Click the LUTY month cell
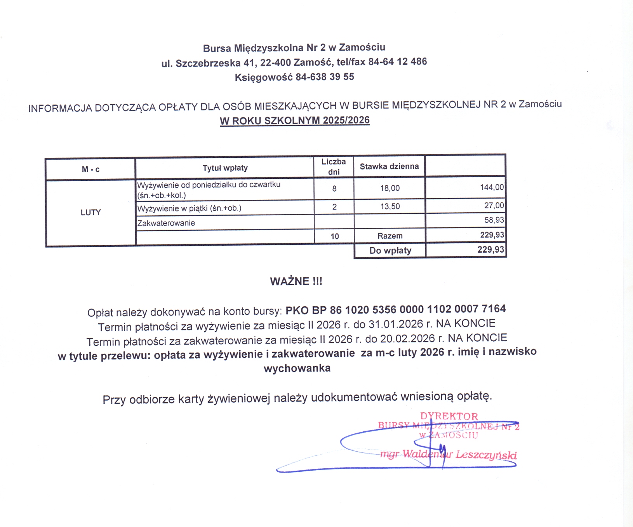tap(90, 213)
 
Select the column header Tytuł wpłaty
tap(225, 168)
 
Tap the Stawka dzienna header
tap(389, 167)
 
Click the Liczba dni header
tap(334, 167)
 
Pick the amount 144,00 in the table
tap(492, 187)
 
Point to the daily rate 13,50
tap(390, 206)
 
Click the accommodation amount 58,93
tap(494, 220)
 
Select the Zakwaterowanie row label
tap(166, 223)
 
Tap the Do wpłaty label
tap(390, 251)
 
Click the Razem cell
tap(390, 236)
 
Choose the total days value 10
tap(334, 236)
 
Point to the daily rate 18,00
tap(390, 188)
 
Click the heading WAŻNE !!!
tap(296, 281)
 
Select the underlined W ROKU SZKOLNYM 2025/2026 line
tap(295, 120)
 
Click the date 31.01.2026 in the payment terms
tap(396, 324)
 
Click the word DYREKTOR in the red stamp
tap(449, 416)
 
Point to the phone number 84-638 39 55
tap(325, 77)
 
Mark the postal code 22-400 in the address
tap(275, 63)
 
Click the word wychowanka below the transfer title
tap(297, 368)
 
